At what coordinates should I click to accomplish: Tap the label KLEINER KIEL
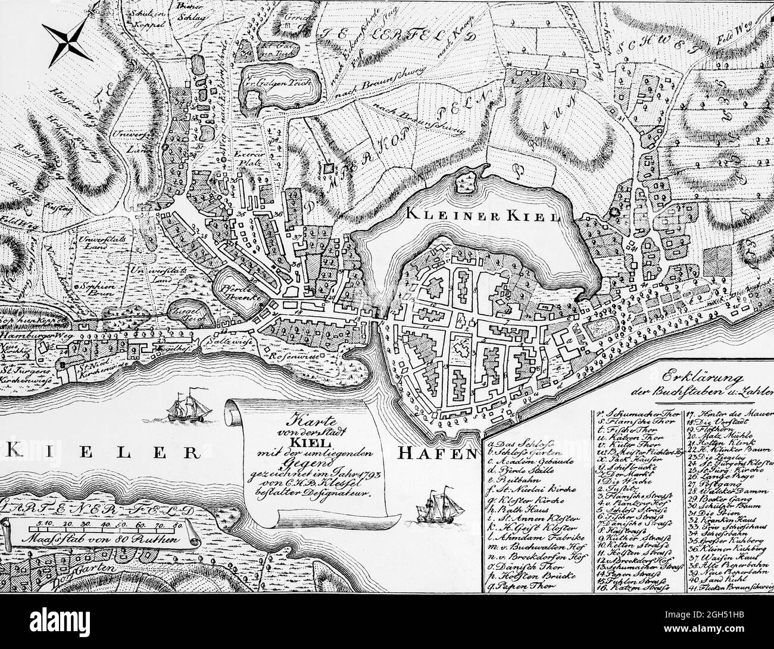click(x=483, y=215)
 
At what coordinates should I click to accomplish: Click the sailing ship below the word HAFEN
click(x=442, y=505)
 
